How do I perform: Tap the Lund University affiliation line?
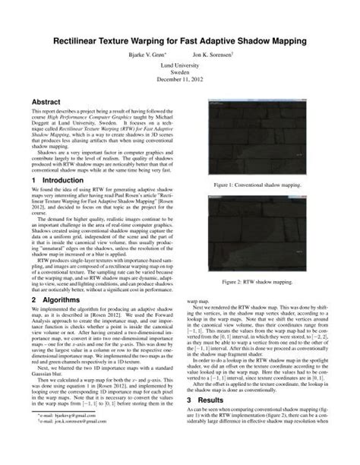pyautogui.click(x=179, y=67)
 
